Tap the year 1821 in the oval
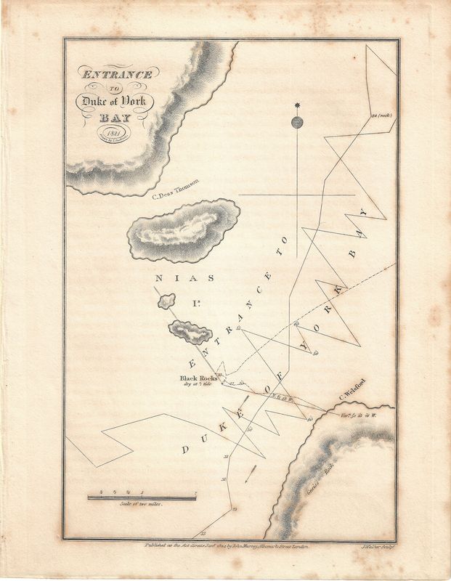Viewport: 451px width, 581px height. click(x=113, y=132)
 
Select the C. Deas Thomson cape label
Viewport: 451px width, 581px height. click(x=175, y=191)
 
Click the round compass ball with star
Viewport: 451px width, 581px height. click(x=296, y=122)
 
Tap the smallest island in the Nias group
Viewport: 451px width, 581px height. click(x=166, y=300)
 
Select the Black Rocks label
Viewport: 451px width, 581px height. click(x=198, y=378)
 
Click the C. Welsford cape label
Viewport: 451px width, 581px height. click(x=355, y=397)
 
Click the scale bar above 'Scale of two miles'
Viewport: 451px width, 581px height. click(x=142, y=497)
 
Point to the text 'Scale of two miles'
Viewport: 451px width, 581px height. click(x=142, y=505)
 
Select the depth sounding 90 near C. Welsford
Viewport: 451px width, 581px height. click(x=309, y=419)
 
